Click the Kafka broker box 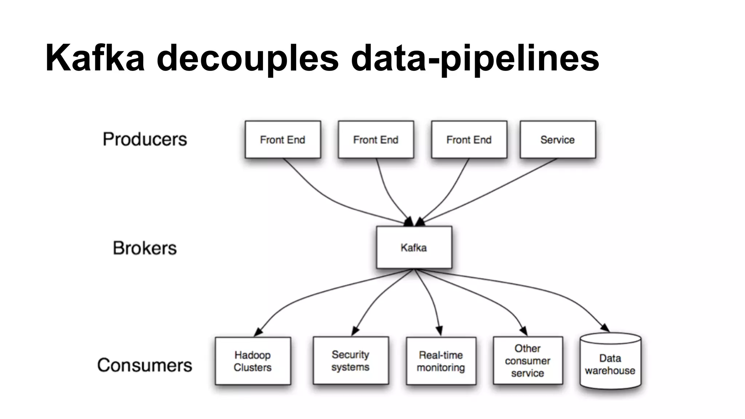pos(414,247)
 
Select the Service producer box pos(558,140)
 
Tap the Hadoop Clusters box pos(253,361)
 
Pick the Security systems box pos(351,360)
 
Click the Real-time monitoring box pos(441,361)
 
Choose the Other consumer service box pos(527,360)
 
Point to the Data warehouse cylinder pos(610,364)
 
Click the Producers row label pos(145,139)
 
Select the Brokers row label pos(145,248)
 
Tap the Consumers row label pos(144,365)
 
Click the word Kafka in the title pos(95,58)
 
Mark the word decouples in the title pos(247,58)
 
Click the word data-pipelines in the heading pos(475,58)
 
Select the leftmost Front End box pos(283,140)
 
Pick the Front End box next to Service pos(469,140)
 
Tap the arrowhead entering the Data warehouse pos(605,328)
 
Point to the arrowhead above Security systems pos(355,331)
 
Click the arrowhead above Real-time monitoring pos(439,331)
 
